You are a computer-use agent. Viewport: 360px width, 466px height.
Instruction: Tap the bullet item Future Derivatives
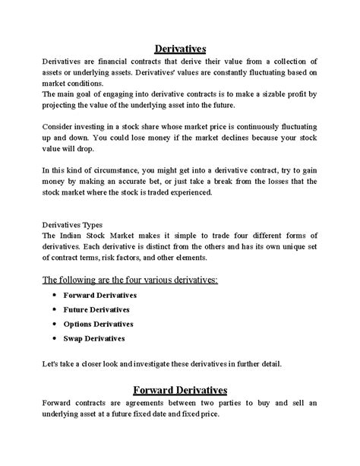[96, 309]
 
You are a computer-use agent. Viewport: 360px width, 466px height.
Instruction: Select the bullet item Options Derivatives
[98, 324]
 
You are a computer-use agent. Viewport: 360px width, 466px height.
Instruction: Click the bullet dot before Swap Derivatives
[55, 338]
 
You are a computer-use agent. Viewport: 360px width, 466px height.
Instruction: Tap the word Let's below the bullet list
[51, 364]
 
